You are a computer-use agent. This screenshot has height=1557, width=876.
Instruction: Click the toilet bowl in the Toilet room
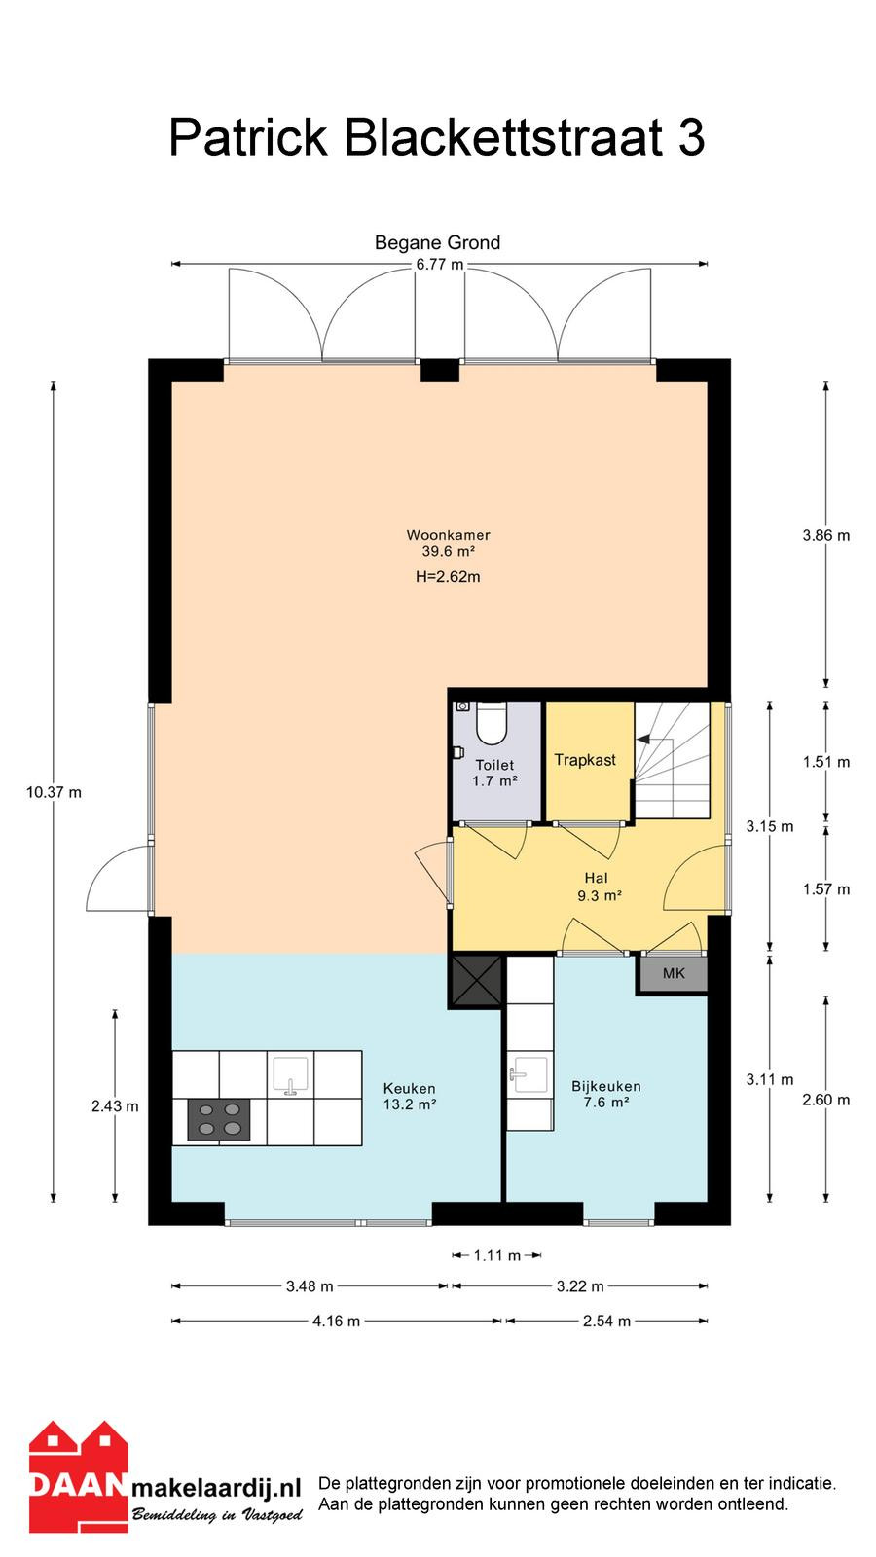click(493, 723)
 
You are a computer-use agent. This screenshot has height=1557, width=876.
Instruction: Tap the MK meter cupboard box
click(674, 974)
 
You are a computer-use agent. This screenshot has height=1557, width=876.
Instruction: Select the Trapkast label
click(585, 760)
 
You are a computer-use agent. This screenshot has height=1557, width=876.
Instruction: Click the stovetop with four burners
click(219, 1119)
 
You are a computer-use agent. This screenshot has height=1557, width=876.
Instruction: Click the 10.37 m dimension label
click(54, 792)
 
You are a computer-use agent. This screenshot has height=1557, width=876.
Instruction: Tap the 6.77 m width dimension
click(439, 264)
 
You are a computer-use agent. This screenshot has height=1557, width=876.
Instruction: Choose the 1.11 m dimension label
click(497, 1255)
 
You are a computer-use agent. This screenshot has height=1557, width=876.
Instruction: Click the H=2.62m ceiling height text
click(448, 576)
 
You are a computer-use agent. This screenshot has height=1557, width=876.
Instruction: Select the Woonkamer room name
click(449, 535)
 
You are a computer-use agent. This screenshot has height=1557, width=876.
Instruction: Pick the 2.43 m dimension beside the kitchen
click(115, 1105)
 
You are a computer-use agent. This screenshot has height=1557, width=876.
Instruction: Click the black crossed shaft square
click(476, 981)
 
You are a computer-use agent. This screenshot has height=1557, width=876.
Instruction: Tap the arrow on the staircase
click(643, 739)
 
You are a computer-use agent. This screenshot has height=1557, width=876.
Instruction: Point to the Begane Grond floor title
click(437, 242)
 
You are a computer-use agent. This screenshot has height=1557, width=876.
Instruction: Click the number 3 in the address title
click(691, 137)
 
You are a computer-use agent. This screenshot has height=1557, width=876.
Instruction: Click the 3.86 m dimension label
click(826, 535)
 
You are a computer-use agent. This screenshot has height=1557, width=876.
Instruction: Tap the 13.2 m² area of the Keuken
click(410, 1104)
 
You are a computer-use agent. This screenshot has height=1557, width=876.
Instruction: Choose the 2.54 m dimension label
click(606, 1321)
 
